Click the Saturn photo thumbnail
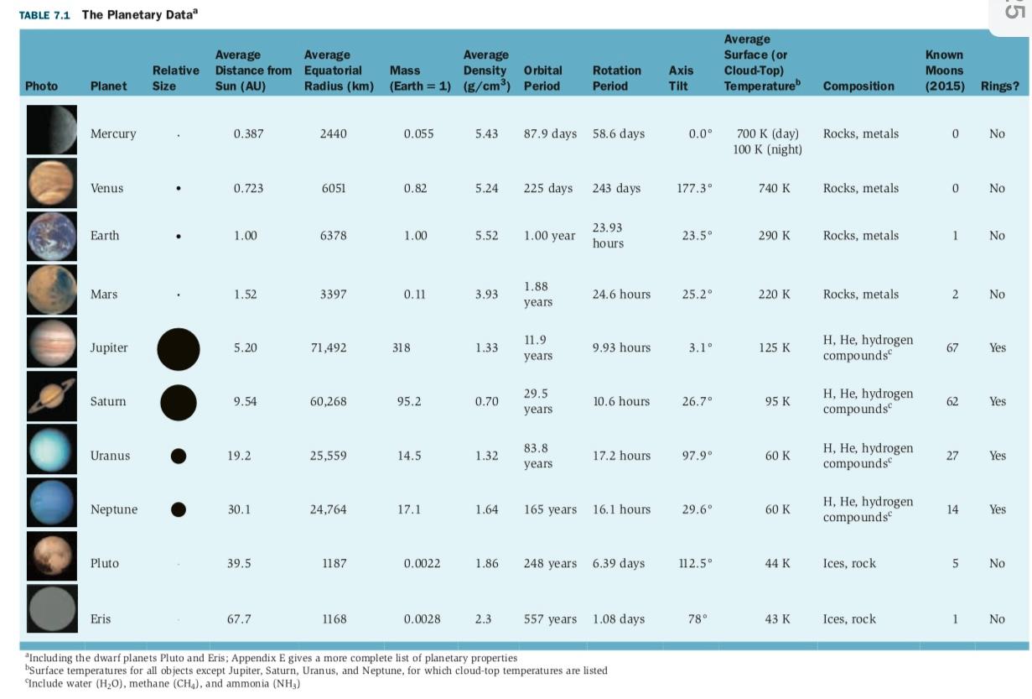[x=51, y=401]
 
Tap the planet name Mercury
[x=113, y=133]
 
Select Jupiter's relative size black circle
[x=179, y=348]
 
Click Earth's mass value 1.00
[x=415, y=236]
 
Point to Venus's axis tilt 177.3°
[x=694, y=188]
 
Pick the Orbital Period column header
[x=542, y=78]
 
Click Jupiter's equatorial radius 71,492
[x=328, y=347]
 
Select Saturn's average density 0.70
[x=486, y=401]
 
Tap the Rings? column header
[x=998, y=86]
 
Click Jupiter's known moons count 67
[x=952, y=347]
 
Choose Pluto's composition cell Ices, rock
[x=849, y=563]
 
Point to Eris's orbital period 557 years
[x=550, y=619]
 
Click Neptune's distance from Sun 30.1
[x=239, y=509]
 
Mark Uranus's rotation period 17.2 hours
[x=621, y=456]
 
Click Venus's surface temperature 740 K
[x=774, y=188]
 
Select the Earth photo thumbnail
[x=51, y=236]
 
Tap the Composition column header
[x=858, y=86]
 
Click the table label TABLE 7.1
[x=44, y=15]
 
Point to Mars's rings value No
[x=996, y=294]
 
